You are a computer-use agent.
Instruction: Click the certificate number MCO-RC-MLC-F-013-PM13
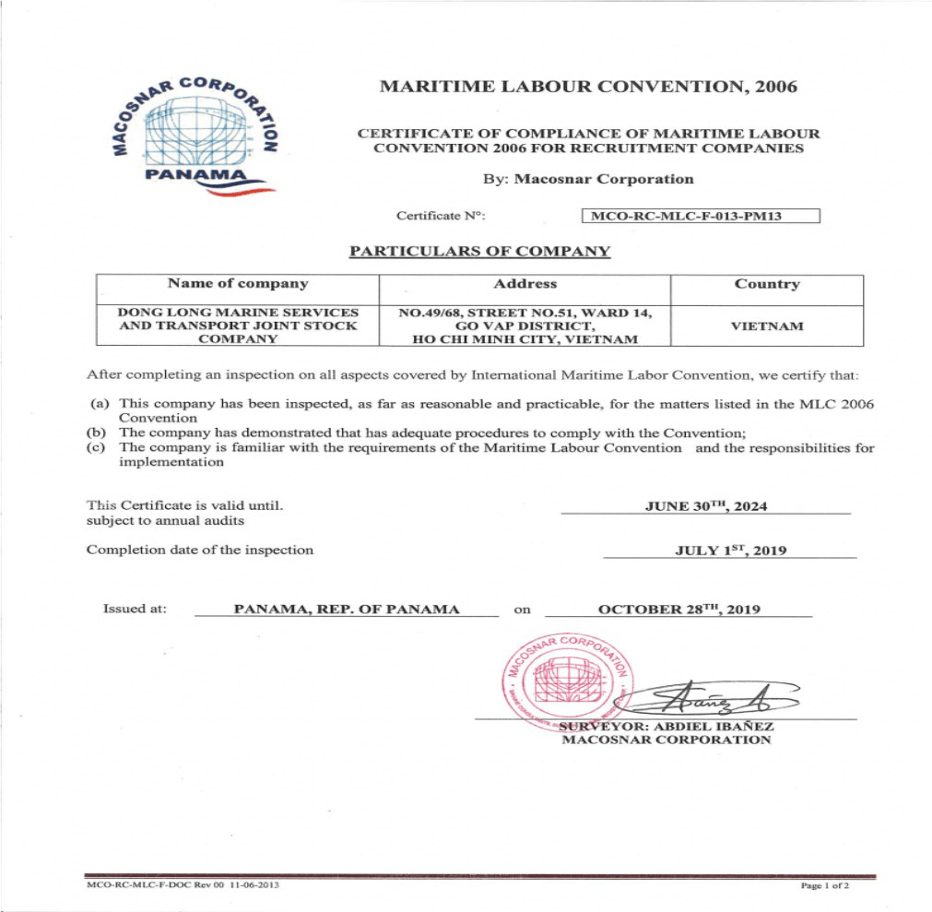701,217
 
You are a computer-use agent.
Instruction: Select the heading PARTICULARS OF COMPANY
479,251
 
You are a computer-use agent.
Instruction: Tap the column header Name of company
238,284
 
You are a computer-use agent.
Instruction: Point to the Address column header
525,284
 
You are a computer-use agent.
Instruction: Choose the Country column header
766,284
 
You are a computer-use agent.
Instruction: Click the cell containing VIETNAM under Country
766,326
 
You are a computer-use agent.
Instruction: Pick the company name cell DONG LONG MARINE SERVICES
238,326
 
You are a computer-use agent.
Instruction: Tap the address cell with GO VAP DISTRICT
525,326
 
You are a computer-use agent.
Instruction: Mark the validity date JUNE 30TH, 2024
706,506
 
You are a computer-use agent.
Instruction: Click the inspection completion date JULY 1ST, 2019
730,551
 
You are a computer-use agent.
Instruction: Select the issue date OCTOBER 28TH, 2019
678,610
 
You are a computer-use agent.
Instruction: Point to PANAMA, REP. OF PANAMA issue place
346,610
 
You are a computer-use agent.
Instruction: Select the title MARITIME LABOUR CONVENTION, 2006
588,88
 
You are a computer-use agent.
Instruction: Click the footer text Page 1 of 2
825,886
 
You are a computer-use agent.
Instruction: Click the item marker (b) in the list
96,432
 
